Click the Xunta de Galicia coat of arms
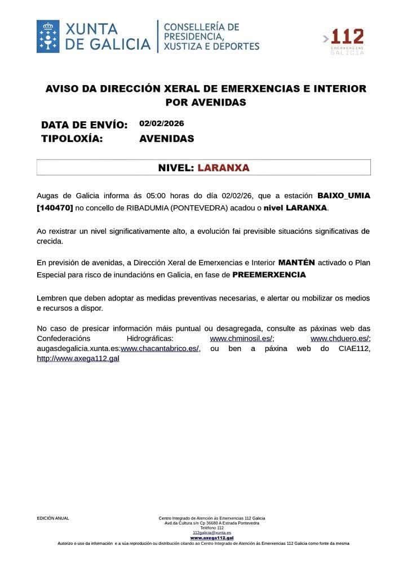point(48,37)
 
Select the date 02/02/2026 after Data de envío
point(162,123)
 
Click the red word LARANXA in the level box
point(223,168)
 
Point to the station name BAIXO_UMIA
point(344,196)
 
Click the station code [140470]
point(55,207)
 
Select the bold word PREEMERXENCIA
point(269,275)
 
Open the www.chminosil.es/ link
point(241,338)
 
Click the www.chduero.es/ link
point(340,338)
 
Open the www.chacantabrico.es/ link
point(160,348)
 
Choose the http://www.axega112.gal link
point(78,358)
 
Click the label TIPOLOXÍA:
point(72,139)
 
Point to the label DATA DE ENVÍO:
point(85,125)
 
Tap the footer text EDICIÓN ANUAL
point(53,518)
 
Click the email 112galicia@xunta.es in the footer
point(212,532)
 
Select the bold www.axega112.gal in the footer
point(212,538)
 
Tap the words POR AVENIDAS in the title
point(206,103)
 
